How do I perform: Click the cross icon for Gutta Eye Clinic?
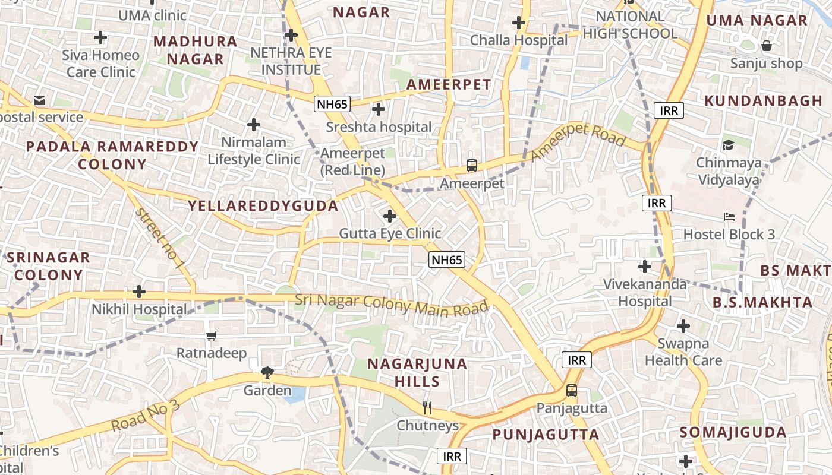390,216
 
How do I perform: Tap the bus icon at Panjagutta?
571,391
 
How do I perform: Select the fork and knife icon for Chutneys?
427,407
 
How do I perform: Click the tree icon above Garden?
267,373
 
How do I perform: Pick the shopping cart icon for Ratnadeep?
212,336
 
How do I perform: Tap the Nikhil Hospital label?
139,309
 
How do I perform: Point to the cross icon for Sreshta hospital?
378,109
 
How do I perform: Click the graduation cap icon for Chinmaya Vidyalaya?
728,145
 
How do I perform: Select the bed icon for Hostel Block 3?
729,217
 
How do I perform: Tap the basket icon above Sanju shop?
767,45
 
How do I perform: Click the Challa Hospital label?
519,40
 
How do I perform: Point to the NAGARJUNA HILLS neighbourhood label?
417,373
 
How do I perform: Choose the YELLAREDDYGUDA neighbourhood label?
263,206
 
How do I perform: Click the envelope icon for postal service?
39,100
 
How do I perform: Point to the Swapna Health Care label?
683,352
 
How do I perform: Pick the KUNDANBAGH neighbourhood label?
763,101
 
